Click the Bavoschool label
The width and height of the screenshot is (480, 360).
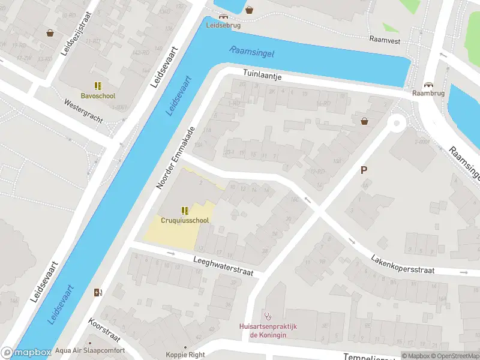[98, 95]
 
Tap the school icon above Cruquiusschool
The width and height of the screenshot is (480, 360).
[185, 211]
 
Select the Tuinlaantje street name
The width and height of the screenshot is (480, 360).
[262, 76]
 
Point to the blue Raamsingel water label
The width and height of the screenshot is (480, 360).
[251, 53]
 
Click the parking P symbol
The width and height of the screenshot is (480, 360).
[364, 170]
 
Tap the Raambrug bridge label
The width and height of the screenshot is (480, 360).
[428, 94]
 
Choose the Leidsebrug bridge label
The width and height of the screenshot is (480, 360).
[224, 25]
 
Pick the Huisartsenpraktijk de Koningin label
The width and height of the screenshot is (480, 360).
[268, 331]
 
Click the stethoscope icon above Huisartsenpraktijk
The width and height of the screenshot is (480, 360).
[268, 316]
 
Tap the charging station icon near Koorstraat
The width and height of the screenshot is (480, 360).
[98, 293]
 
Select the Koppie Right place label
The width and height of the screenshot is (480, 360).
[185, 355]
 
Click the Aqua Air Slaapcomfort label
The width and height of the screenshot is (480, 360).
[89, 350]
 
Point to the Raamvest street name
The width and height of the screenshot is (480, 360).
[385, 41]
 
